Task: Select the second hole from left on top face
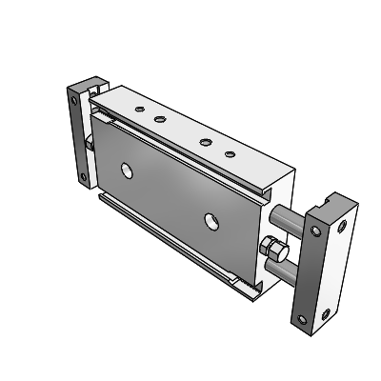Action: point(159,120)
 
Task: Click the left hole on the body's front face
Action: point(127,171)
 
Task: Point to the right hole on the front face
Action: point(210,222)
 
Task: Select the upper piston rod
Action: point(288,217)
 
